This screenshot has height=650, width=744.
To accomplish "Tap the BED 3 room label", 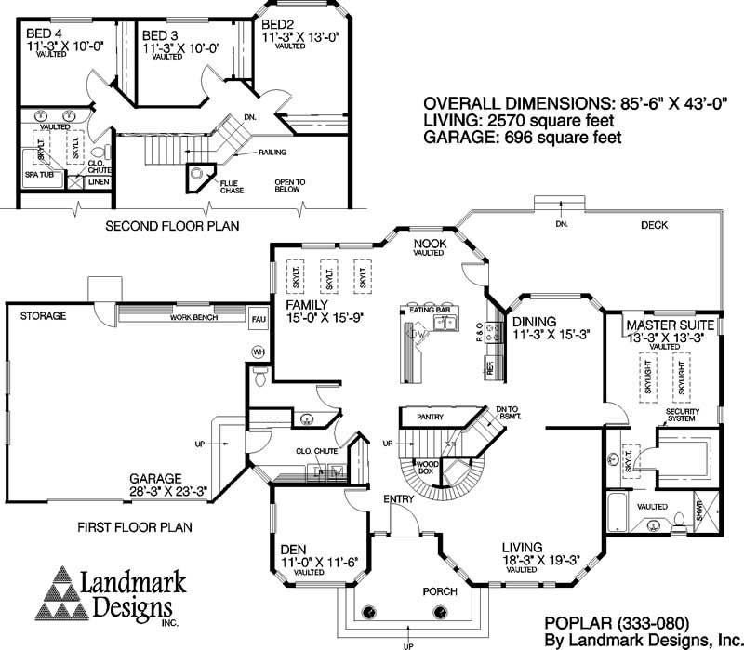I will pyautogui.click(x=160, y=34).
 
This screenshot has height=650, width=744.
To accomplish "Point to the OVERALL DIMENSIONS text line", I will pyautogui.click(x=564, y=103).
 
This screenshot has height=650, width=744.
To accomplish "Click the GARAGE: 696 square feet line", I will pyautogui.click(x=522, y=138).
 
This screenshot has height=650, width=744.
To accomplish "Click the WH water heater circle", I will pyautogui.click(x=259, y=352).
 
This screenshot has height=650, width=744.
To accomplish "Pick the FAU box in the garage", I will pyautogui.click(x=259, y=319).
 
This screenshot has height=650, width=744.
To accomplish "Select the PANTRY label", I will pyautogui.click(x=430, y=418).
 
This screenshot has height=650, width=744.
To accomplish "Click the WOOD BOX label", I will pyautogui.click(x=427, y=467).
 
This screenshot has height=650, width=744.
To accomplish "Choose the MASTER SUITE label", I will pyautogui.click(x=669, y=325).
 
